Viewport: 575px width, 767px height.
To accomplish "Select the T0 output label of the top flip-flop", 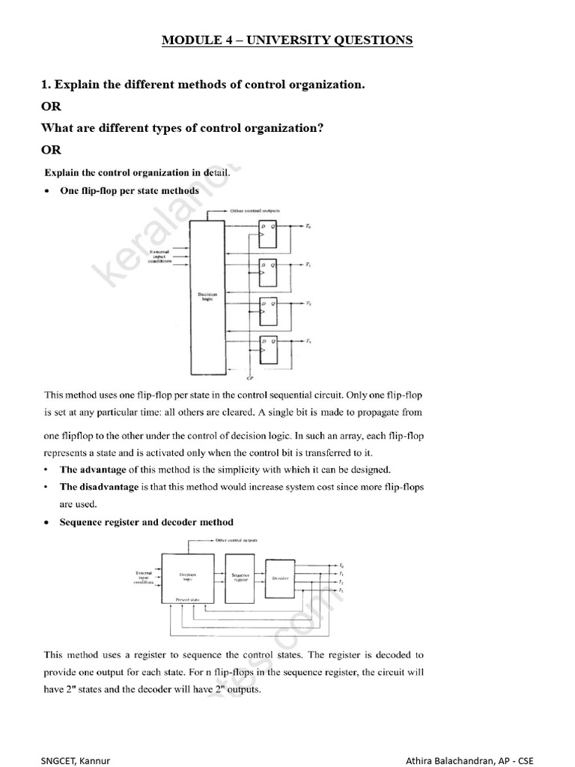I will [x=310, y=225].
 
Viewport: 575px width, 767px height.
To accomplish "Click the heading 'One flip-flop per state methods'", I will [x=129, y=191].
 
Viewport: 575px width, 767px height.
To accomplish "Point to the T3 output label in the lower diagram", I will [x=341, y=592].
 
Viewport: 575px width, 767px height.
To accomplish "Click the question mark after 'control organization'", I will [x=320, y=128].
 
